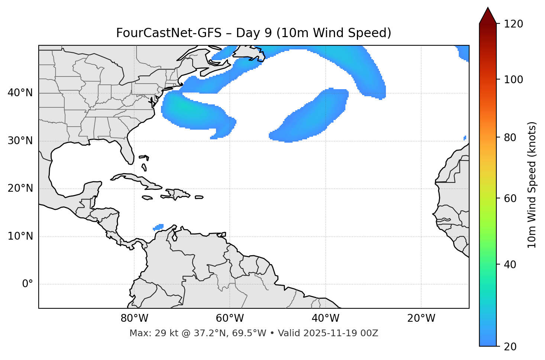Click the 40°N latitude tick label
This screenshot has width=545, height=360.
[20, 93]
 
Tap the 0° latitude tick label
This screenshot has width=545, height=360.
[28, 284]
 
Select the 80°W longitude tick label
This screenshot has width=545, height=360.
[134, 318]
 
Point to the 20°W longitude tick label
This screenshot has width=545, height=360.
[421, 318]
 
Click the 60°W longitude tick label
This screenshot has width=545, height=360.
[230, 318]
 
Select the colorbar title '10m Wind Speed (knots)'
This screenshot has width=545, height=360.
[532, 185]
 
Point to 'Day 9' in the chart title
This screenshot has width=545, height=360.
[253, 33]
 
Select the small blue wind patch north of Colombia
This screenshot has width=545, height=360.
[159, 227]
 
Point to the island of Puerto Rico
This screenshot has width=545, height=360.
[199, 197]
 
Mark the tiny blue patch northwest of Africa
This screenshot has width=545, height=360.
[465, 138]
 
